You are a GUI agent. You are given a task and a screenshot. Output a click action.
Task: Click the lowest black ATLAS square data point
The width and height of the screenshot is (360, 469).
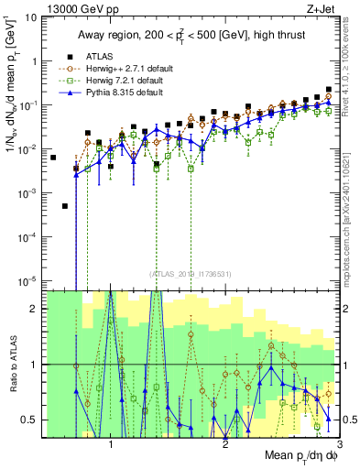pyautogui.click(x=65, y=206)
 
